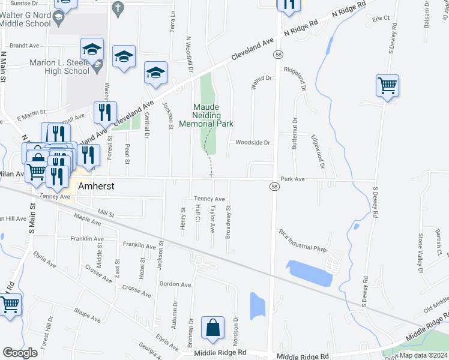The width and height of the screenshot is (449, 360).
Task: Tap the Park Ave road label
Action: click(x=293, y=179)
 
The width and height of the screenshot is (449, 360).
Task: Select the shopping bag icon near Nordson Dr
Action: click(x=212, y=328)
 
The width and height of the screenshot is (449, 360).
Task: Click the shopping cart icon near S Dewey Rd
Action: click(x=388, y=86)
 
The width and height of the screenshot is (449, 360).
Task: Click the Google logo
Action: click(x=20, y=353)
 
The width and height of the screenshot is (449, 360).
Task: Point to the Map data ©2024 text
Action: click(x=424, y=355)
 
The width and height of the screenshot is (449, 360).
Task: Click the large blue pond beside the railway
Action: click(x=309, y=274)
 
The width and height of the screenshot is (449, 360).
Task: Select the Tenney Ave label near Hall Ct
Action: click(x=209, y=199)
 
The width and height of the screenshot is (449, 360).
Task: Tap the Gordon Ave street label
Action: click(x=175, y=284)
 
